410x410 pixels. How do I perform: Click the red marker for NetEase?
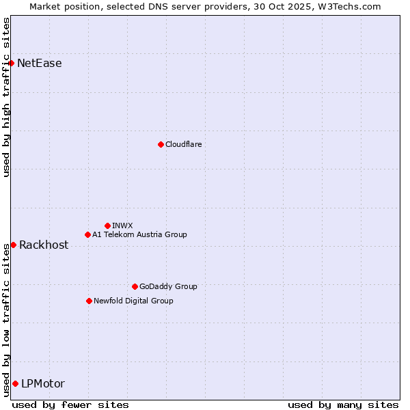pyautogui.click(x=12, y=64)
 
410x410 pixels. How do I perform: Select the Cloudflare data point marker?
pyautogui.click(x=161, y=144)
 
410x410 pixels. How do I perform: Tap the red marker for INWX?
pyautogui.click(x=107, y=225)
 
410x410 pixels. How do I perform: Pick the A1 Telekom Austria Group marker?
pyautogui.click(x=87, y=234)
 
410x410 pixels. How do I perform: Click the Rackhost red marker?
pyautogui.click(x=13, y=245)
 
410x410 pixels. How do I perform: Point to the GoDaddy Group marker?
pyautogui.click(x=135, y=286)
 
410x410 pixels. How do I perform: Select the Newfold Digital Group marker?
pyautogui.click(x=89, y=301)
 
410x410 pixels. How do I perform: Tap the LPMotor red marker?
pyautogui.click(x=15, y=383)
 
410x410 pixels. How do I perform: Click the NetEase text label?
pyautogui.click(x=40, y=64)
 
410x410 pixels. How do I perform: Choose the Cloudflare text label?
pyautogui.click(x=183, y=144)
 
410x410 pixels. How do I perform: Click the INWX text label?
pyautogui.click(x=122, y=225)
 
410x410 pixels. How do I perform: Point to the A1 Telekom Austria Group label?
pyautogui.click(x=139, y=234)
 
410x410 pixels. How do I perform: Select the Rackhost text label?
pyautogui.click(x=44, y=245)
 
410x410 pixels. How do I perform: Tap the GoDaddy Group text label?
pyautogui.click(x=168, y=286)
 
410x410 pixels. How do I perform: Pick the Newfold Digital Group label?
pyautogui.click(x=133, y=301)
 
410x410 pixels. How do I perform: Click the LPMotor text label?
pyautogui.click(x=43, y=383)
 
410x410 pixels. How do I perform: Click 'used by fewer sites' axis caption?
pyautogui.click(x=70, y=405)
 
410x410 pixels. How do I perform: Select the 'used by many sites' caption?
pyautogui.click(x=343, y=405)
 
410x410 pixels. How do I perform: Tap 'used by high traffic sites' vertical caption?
pyautogui.click(x=6, y=97)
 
